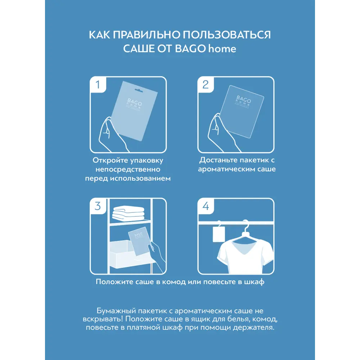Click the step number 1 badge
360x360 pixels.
(x=98, y=85)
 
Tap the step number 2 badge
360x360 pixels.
(x=206, y=85)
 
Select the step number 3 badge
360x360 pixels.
(x=98, y=206)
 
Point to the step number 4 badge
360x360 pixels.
(x=206, y=206)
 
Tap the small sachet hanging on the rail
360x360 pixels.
(x=219, y=235)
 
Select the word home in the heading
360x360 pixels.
(x=222, y=49)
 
